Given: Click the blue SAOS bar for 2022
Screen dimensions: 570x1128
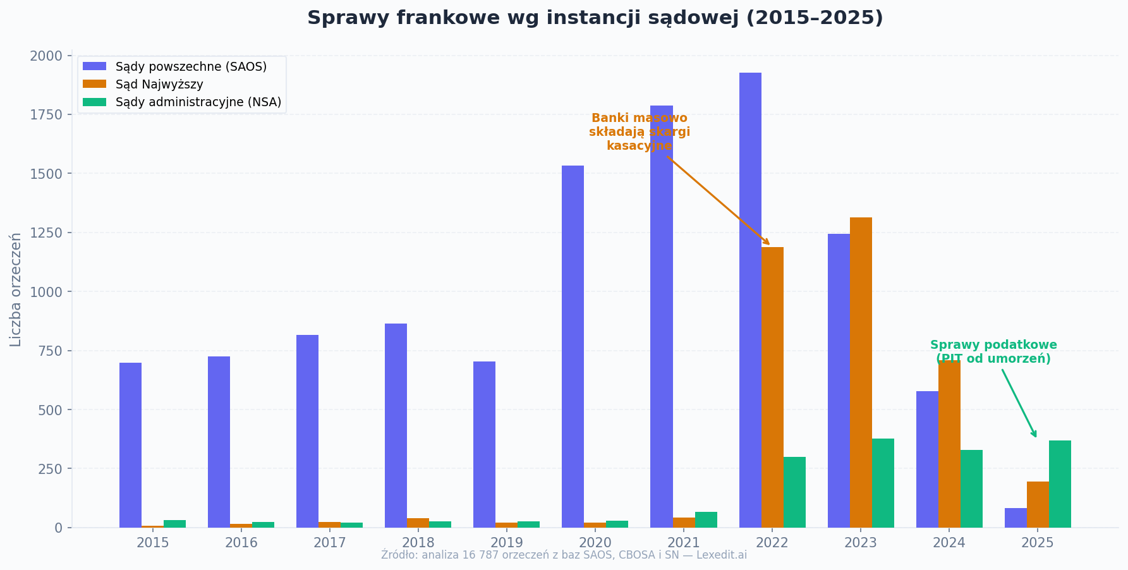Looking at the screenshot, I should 750,300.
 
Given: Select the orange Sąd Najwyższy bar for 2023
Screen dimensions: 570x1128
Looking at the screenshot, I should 861,373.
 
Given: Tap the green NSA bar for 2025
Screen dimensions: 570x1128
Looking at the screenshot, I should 1060,484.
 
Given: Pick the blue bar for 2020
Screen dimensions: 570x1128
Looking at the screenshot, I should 573,346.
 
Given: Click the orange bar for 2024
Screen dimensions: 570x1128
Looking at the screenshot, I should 949,444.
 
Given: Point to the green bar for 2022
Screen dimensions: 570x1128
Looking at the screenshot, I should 794,492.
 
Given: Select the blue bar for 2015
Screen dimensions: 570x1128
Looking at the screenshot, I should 130,445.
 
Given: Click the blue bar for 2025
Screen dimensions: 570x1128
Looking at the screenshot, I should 1016,518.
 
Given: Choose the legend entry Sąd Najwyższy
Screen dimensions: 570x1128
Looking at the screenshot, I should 159,84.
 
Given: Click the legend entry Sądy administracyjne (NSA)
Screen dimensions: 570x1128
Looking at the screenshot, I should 198,102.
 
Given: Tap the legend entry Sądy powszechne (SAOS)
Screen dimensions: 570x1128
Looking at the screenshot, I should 191,66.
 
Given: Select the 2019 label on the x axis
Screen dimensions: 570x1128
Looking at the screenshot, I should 506,543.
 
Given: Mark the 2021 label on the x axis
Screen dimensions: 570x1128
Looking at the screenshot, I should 683,543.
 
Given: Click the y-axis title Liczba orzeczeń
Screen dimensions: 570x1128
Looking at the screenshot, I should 16,289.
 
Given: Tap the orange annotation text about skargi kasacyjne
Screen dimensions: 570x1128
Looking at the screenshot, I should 639,132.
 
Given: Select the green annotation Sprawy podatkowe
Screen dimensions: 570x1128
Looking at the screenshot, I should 993,352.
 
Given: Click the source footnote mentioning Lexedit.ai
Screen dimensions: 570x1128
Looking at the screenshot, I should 564,555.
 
